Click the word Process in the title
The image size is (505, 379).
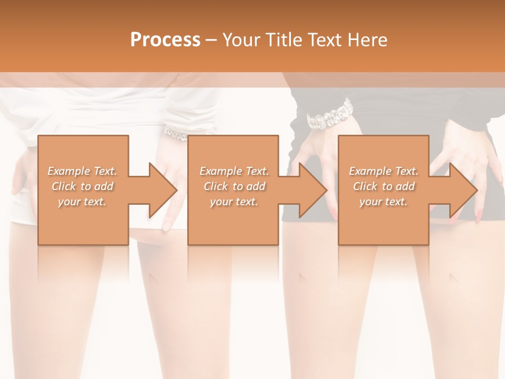165,40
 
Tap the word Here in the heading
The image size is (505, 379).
367,40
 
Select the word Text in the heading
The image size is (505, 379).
324,40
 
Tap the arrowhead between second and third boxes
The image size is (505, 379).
312,190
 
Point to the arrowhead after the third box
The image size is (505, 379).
462,190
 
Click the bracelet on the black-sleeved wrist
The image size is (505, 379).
329,114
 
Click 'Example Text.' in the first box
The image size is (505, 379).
83,171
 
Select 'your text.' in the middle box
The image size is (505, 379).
234,202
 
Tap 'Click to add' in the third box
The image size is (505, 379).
383,186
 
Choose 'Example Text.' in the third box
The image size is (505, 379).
383,171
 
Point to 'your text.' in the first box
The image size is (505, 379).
83,202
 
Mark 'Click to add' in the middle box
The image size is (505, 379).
234,186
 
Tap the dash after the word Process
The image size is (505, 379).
211,41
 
